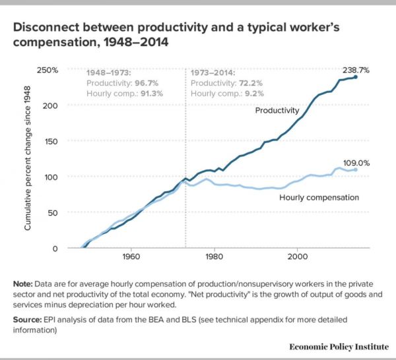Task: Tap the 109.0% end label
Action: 355,162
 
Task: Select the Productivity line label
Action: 278,111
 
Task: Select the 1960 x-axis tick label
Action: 131,255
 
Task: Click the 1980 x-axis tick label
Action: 214,255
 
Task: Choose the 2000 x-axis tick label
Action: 298,255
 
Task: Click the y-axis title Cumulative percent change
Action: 28,159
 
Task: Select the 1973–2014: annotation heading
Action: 213,71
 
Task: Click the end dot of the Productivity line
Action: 356,77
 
